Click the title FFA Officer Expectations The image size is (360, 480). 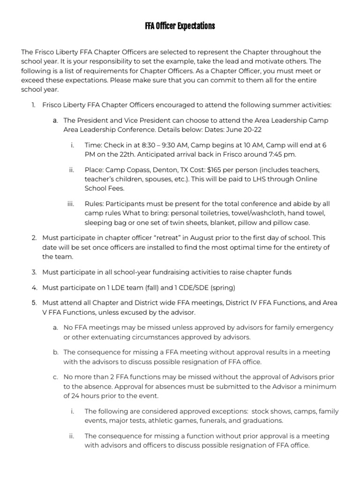click(180, 26)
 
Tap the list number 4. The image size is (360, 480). click(34, 287)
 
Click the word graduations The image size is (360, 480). click(265, 420)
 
